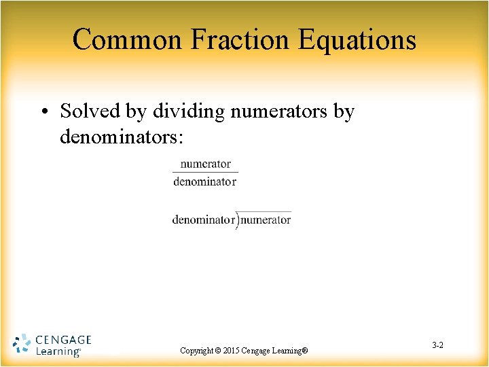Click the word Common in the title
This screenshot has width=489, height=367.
pyautogui.click(x=127, y=39)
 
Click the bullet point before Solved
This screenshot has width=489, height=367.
pyautogui.click(x=49, y=111)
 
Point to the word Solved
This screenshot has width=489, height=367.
pyautogui.click(x=89, y=111)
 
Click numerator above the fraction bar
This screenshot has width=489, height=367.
pyautogui.click(x=205, y=164)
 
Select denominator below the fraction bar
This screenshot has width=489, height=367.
pyautogui.click(x=205, y=181)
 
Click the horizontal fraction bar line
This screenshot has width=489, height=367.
pyautogui.click(x=205, y=173)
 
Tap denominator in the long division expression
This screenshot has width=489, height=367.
pyautogui.click(x=203, y=220)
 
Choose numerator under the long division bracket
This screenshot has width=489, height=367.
pyautogui.click(x=266, y=220)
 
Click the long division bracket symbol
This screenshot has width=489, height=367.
pyautogui.click(x=237, y=220)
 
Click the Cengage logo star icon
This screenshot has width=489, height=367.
pyautogui.click(x=22, y=344)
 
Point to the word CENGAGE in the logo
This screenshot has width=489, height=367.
pyautogui.click(x=62, y=339)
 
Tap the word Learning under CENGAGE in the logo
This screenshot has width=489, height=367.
pyautogui.click(x=57, y=351)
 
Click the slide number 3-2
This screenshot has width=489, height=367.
pyautogui.click(x=437, y=346)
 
